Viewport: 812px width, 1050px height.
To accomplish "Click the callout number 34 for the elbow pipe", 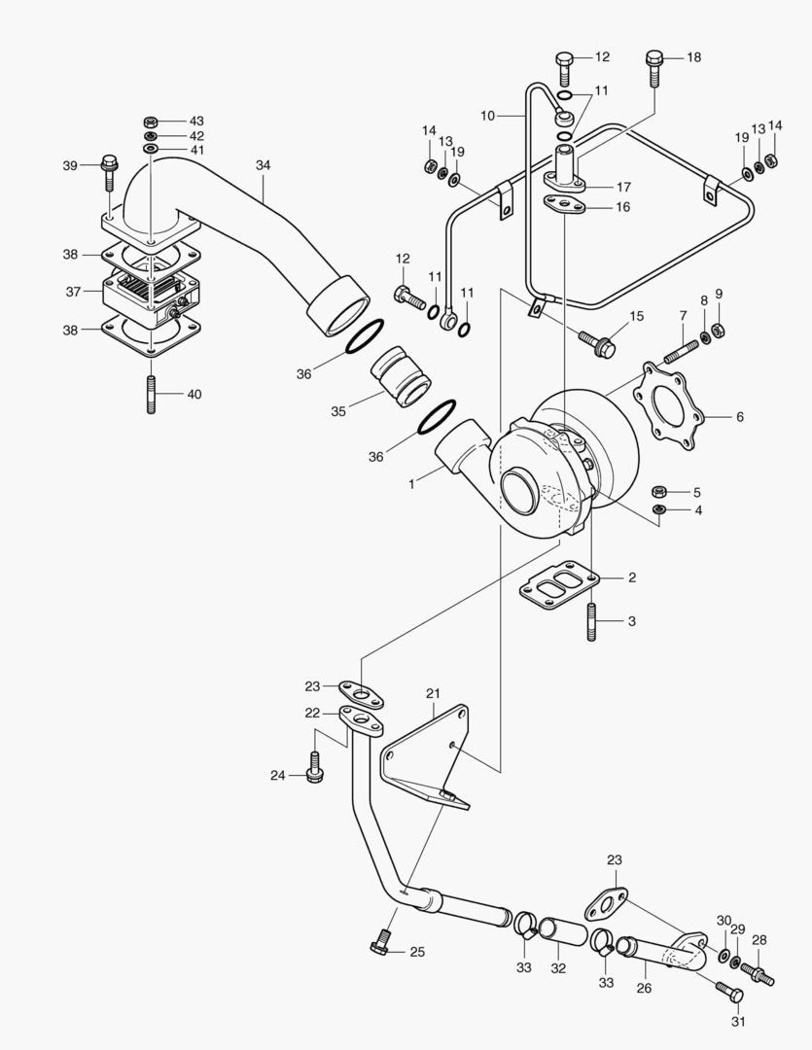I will tap(264, 165).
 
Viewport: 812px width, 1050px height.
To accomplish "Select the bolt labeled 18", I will tap(654, 66).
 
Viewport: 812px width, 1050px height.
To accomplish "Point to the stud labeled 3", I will tap(590, 622).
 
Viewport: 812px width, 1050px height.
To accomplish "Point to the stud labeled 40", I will tap(152, 395).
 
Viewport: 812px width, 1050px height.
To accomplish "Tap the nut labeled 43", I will tap(152, 122).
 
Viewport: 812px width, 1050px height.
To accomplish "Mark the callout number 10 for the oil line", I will tap(487, 116).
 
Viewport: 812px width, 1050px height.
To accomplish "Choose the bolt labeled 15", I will tap(595, 340).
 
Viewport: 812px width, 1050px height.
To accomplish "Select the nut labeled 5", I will tap(658, 491).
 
